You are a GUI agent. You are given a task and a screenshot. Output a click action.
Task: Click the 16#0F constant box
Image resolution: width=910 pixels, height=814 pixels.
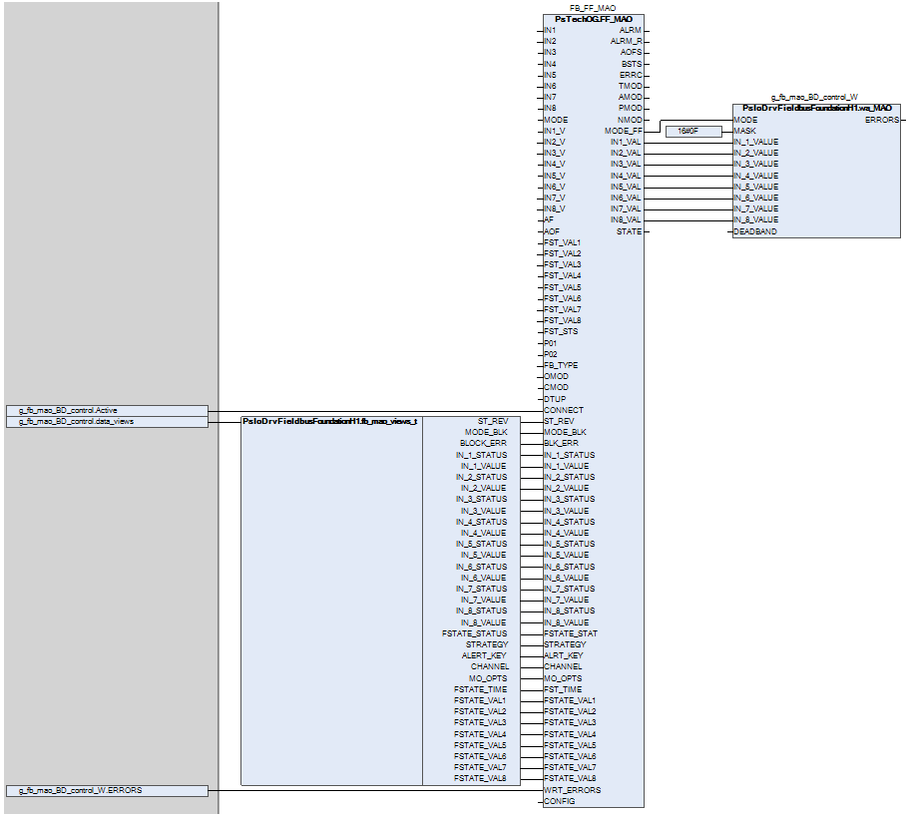[x=693, y=131]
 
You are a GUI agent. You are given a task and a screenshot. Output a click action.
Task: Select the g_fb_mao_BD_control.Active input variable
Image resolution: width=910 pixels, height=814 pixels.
[x=108, y=410]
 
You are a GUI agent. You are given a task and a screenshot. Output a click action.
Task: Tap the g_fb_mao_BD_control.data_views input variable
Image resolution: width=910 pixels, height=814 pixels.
[x=108, y=422]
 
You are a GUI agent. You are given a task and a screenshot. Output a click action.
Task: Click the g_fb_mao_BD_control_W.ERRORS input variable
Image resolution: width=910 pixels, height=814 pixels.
[x=108, y=790]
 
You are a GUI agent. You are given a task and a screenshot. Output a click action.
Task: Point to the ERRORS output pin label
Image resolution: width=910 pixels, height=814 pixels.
[x=881, y=120]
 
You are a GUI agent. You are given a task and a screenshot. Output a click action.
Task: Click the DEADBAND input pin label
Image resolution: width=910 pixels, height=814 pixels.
[x=755, y=231]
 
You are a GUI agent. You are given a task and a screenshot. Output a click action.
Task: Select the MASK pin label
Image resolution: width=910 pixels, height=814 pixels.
[x=744, y=131]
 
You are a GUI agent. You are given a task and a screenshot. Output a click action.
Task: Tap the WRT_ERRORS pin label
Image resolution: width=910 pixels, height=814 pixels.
[x=573, y=790]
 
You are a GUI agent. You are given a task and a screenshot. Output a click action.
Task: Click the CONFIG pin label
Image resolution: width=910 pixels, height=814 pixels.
[x=559, y=801]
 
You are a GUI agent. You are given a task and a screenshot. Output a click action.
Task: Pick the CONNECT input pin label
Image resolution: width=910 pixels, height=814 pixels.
[x=564, y=410]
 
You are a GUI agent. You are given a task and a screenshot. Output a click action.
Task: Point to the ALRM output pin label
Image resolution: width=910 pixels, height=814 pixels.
[x=631, y=30]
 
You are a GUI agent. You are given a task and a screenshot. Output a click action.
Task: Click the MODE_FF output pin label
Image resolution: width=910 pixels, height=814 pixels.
[x=624, y=131]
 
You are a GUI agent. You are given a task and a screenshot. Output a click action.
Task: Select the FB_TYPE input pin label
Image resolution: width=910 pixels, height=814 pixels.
[x=561, y=365]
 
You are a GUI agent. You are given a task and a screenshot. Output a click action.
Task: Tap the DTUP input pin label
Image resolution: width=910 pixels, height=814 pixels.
[x=555, y=399]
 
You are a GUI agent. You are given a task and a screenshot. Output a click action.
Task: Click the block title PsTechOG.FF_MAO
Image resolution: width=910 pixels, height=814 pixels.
[x=593, y=19]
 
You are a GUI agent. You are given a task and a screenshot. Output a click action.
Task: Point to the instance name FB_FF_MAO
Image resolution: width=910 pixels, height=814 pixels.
[x=593, y=8]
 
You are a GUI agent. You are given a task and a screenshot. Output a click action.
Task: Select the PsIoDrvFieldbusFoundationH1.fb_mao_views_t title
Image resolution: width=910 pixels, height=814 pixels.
[x=329, y=421]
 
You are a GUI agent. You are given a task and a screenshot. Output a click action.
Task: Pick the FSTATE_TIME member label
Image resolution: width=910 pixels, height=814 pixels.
[x=480, y=689]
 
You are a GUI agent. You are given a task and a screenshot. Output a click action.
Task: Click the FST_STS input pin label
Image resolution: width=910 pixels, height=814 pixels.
[x=561, y=331]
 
